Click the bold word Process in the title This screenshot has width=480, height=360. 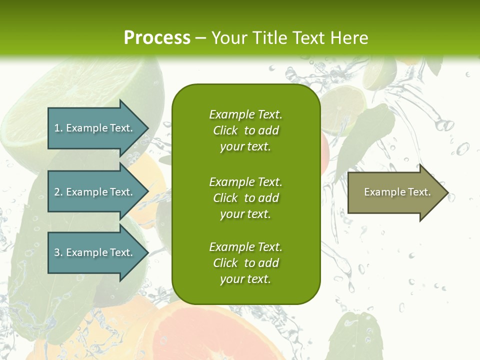157,38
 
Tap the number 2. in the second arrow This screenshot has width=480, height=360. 58,192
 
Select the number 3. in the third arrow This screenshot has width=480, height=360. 58,252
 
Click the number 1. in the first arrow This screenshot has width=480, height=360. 58,128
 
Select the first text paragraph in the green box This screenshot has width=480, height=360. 245,130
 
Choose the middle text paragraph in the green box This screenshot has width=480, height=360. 245,198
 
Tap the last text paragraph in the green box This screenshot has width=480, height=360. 245,263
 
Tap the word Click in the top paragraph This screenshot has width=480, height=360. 225,131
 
